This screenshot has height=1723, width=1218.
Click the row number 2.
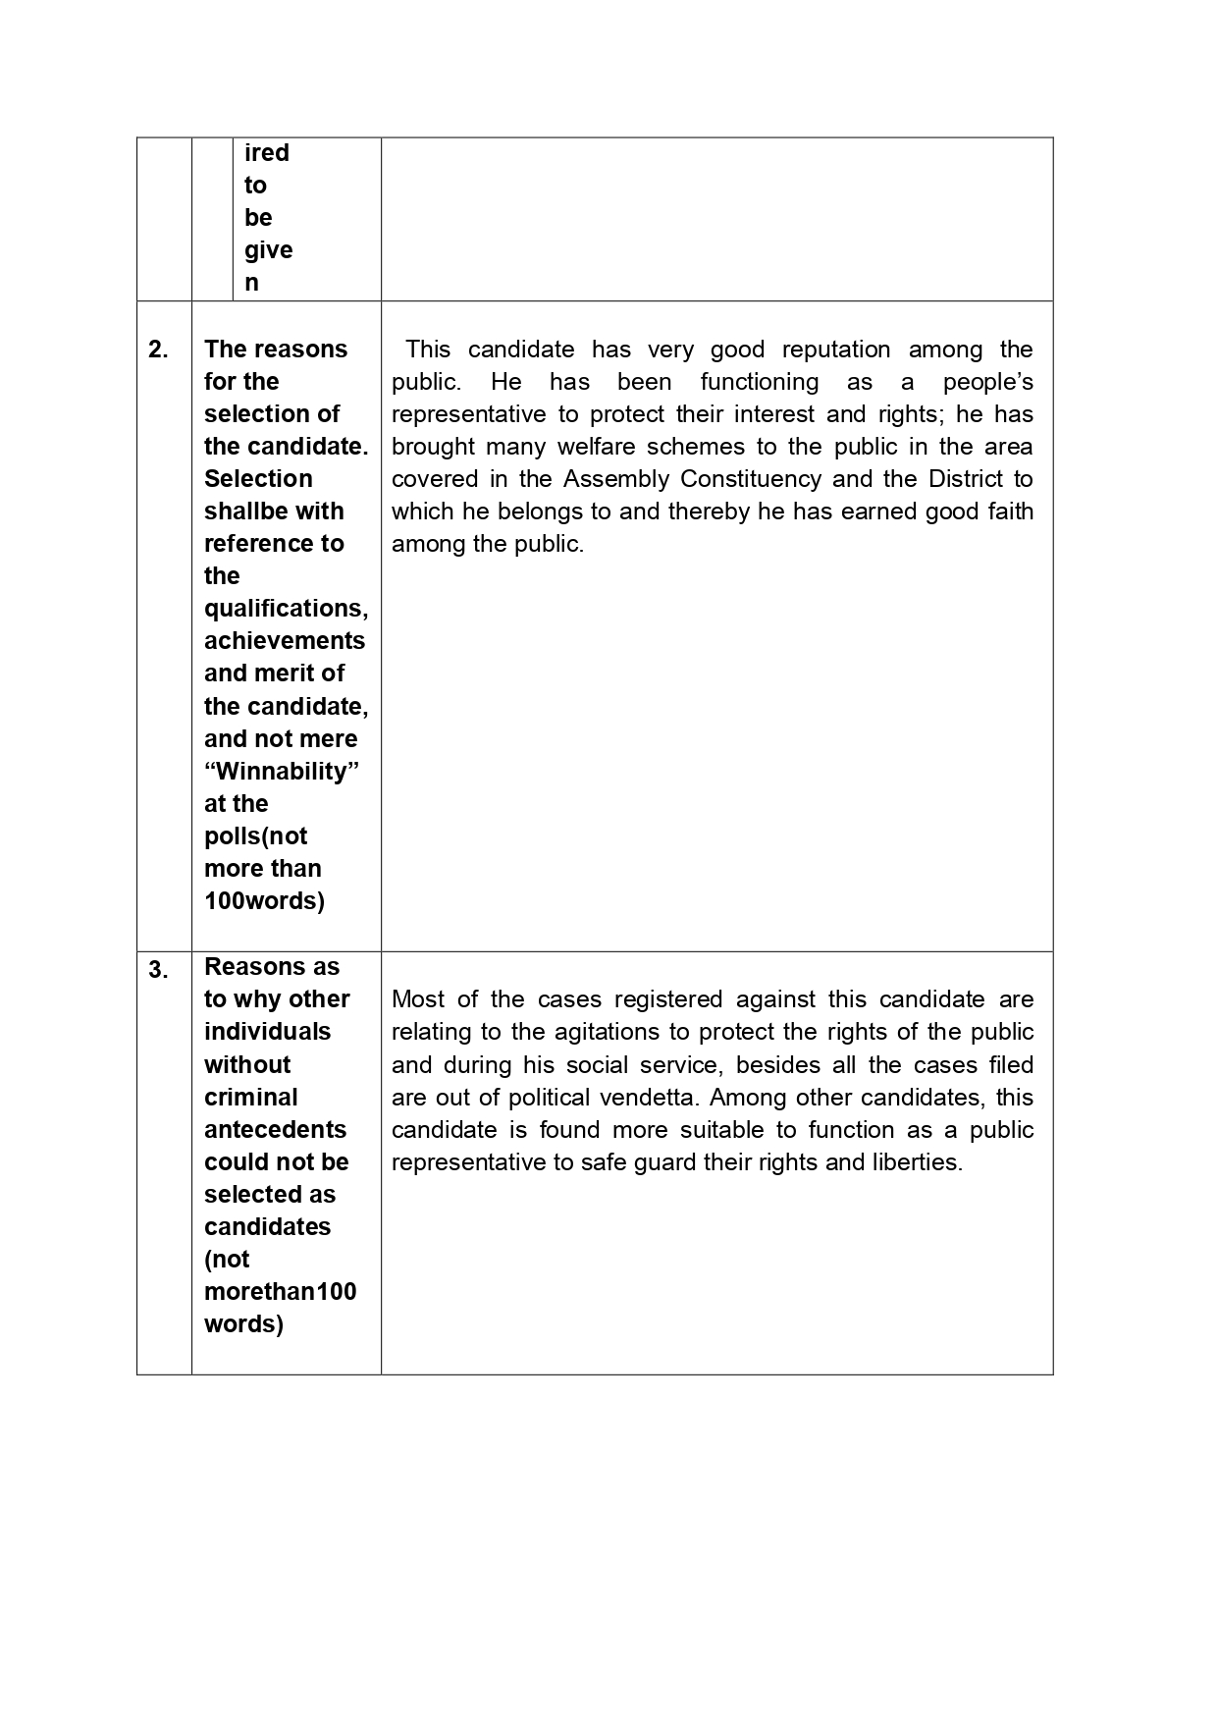(158, 350)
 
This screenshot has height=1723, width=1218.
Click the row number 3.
(158, 970)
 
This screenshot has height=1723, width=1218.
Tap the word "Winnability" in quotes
(282, 772)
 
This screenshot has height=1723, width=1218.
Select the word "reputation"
(836, 350)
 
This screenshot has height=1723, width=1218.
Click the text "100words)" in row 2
(264, 901)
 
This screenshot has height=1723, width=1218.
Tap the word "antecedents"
(275, 1130)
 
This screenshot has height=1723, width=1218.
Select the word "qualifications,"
(286, 609)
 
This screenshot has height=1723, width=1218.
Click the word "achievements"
(285, 641)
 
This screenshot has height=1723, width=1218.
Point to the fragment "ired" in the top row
(267, 153)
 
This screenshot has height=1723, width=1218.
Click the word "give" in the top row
(268, 250)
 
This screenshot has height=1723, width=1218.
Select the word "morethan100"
(281, 1292)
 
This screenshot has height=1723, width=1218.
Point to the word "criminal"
(250, 1098)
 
